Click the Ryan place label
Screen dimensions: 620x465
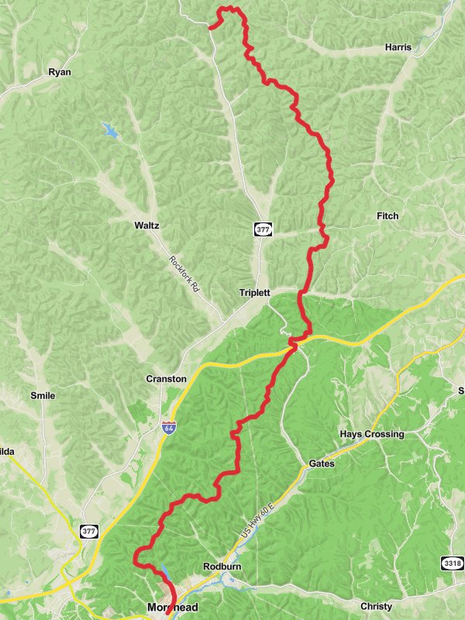coord(60,72)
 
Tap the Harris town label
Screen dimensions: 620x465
coord(398,47)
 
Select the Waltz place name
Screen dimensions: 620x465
coord(146,226)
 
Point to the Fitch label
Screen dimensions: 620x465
coord(387,215)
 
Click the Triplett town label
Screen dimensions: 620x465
coord(254,293)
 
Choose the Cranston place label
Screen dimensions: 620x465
coord(167,379)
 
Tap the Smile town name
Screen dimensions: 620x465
coord(43,395)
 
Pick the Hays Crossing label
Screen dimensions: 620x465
coord(372,434)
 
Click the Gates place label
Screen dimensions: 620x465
coord(322,463)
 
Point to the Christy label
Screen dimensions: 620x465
coord(376,606)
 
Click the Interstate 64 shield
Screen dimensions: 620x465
coord(169,427)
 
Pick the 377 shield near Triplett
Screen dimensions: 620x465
coord(262,229)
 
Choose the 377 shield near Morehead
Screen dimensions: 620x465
coord(89,531)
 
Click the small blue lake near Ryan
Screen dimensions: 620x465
coord(110,130)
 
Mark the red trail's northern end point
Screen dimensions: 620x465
coord(210,28)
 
